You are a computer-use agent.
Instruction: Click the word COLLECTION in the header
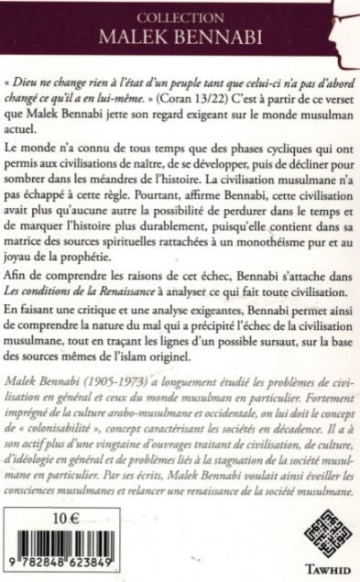pos(179,16)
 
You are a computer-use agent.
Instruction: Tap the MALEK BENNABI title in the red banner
pos(179,37)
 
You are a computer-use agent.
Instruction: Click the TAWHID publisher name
pos(311,566)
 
